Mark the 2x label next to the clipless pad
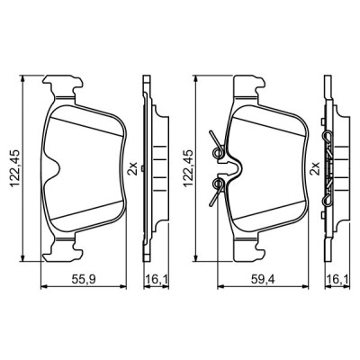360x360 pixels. click(133, 167)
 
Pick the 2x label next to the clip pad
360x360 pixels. click(313, 167)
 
